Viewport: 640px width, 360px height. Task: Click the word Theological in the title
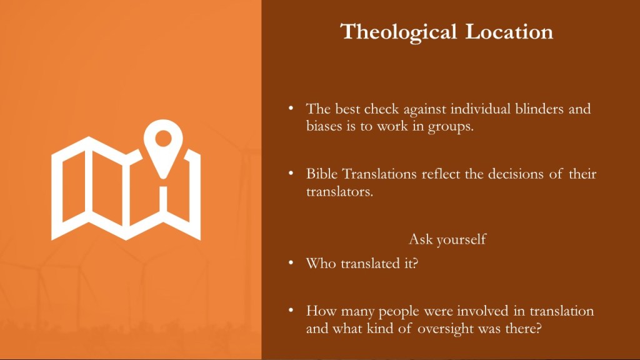pos(398,32)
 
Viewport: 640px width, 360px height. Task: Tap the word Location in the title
pos(509,32)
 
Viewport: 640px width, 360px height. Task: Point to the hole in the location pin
pos(163,138)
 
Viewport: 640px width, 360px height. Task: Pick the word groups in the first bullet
pos(451,127)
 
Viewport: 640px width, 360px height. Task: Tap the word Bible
pos(322,174)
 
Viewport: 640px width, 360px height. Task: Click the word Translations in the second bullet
pos(379,174)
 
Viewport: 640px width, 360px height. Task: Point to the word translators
pos(339,191)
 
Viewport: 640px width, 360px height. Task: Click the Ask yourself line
pos(447,239)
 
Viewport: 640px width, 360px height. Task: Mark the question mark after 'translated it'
pos(416,263)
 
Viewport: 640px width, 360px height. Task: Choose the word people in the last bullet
pos(399,312)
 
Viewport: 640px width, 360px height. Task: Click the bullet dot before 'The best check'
pos(291,108)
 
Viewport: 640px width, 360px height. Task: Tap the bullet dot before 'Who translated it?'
pos(291,262)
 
